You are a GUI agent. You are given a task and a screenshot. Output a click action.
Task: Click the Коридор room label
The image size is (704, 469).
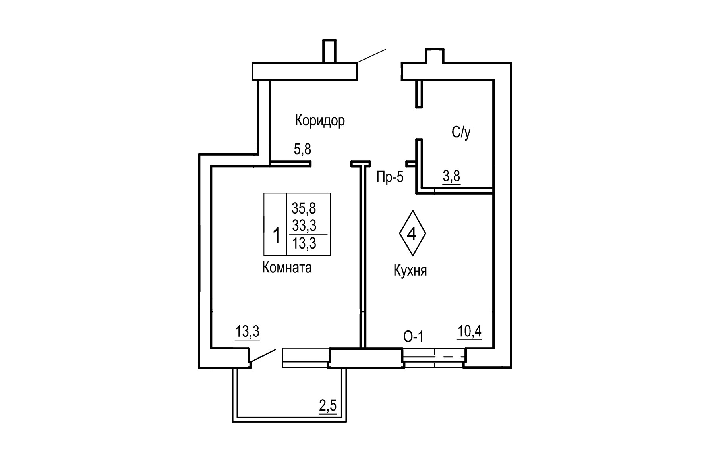[320, 120]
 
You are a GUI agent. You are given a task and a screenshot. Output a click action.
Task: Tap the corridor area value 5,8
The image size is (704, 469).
[302, 150]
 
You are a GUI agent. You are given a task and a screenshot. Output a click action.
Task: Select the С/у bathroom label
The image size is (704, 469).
[461, 133]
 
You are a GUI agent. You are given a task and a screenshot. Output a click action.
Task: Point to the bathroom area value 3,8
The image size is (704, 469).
[452, 176]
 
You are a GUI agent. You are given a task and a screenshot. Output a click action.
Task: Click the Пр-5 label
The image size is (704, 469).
[390, 177]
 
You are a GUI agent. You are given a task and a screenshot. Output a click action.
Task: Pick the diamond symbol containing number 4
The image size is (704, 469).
[412, 234]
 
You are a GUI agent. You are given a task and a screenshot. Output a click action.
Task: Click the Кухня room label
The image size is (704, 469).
[410, 271]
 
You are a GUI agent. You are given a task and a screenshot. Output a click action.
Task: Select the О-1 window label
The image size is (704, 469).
[413, 337]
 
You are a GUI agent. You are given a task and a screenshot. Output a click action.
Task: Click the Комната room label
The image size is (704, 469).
[287, 268]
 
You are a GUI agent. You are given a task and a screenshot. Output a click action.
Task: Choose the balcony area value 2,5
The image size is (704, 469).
[328, 406]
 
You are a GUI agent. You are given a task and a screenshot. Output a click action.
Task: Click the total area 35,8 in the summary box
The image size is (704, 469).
[304, 208]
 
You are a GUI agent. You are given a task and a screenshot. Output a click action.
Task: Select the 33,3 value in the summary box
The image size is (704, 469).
[304, 226]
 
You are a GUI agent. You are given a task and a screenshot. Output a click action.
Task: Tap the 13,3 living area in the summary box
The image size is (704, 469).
[304, 243]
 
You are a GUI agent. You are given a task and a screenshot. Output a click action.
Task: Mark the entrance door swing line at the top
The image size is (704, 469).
[371, 56]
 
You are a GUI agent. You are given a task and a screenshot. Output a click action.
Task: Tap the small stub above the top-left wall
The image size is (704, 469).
[329, 50]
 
